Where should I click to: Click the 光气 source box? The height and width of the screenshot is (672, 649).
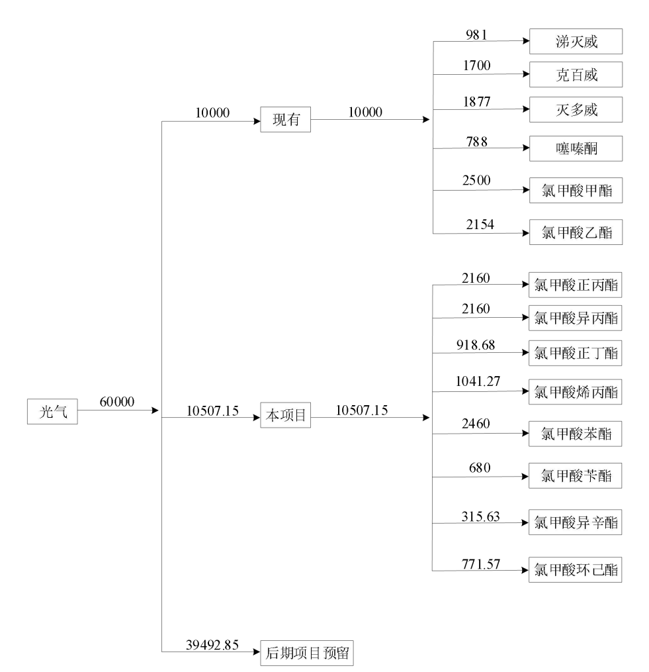tap(52, 411)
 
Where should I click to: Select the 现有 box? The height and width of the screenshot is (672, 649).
tap(286, 120)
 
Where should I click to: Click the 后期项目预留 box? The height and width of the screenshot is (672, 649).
tap(308, 653)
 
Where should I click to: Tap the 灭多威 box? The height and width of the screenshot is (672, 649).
tap(576, 109)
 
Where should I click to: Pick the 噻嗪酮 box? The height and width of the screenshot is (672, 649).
tap(576, 150)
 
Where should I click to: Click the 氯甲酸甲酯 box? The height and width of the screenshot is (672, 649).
tap(576, 191)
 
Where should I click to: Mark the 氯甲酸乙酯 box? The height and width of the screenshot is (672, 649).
tap(576, 232)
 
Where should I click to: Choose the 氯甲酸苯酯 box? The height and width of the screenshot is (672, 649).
tap(576, 434)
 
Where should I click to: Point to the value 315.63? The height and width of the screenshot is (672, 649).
tap(480, 515)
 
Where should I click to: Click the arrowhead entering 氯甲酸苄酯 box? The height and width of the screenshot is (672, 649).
tap(527, 475)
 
